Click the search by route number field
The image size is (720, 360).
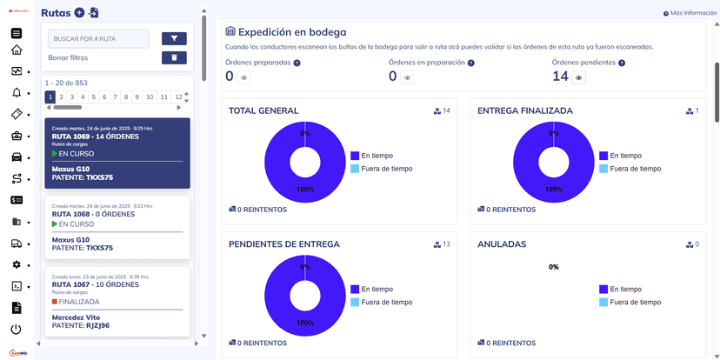coord(98,38)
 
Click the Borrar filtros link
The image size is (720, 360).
coord(68,57)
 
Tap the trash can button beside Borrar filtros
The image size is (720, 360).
coord(174,57)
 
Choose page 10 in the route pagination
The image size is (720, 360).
coord(150,97)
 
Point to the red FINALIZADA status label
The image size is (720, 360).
coord(78,302)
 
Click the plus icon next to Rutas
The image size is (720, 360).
coord(79,12)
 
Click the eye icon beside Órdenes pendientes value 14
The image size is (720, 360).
coord(579,77)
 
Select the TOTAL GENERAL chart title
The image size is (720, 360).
coord(263,111)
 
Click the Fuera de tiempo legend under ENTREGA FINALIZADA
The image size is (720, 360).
coord(635,169)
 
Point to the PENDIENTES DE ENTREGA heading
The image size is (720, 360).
coord(283,244)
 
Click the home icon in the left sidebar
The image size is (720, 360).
coord(17,50)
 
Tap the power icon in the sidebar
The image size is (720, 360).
coord(17,329)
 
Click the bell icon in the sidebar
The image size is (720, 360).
coord(17,93)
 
